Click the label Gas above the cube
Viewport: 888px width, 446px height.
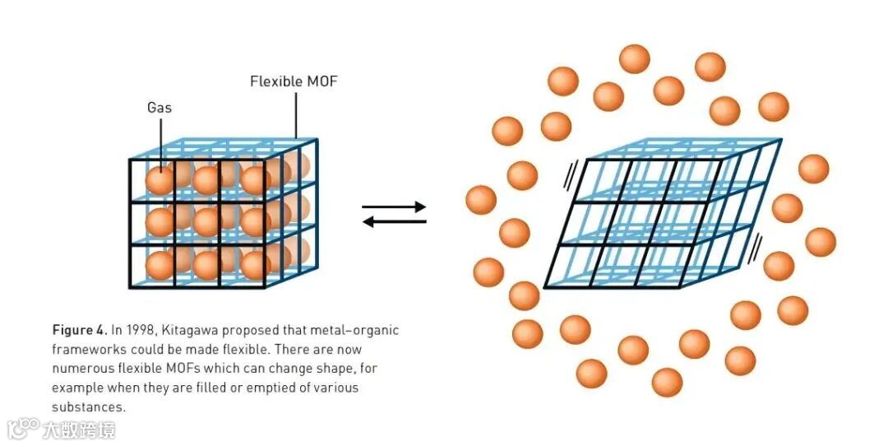(160, 107)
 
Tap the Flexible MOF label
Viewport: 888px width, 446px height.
(294, 81)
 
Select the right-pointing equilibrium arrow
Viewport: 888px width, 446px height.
(394, 207)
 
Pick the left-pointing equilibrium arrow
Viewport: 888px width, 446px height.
(394, 221)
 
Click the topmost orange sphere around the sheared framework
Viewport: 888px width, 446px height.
(634, 59)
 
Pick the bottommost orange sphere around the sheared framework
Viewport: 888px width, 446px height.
(667, 382)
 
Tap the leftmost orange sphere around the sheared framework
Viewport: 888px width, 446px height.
(481, 200)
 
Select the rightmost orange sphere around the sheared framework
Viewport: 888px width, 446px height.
(821, 242)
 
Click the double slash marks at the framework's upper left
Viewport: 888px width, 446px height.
(571, 174)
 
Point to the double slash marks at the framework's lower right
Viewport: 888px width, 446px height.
(756, 244)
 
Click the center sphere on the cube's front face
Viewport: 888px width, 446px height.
(206, 221)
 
